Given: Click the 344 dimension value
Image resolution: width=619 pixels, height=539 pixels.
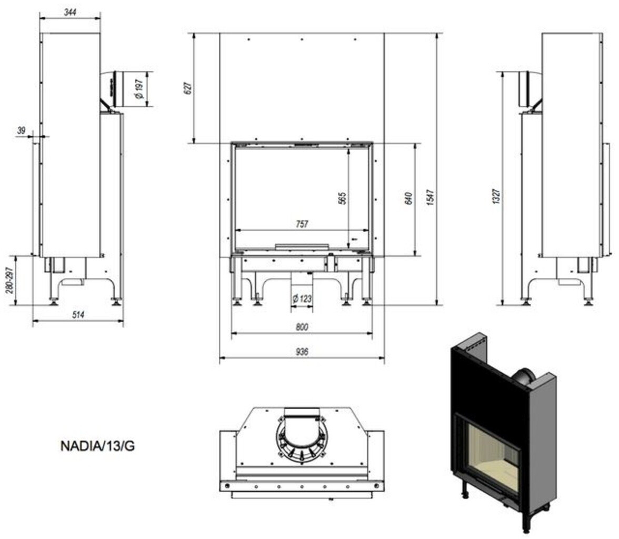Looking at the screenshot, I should [x=70, y=12].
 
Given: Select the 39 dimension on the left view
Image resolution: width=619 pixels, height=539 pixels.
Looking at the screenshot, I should [x=21, y=131].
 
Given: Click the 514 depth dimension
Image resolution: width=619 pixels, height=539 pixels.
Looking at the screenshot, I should [x=78, y=315].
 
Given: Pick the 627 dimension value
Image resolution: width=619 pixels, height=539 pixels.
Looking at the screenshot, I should [x=188, y=88].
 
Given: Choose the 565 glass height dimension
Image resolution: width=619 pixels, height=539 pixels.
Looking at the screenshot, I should [x=343, y=198].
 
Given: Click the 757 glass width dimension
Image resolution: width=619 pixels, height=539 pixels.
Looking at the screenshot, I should [x=302, y=224].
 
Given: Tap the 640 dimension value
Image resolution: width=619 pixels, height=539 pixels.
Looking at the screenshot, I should [x=409, y=198].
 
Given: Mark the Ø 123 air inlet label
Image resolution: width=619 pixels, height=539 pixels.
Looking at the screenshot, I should [x=302, y=298].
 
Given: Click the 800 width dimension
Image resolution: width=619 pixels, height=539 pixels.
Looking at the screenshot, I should [x=302, y=327].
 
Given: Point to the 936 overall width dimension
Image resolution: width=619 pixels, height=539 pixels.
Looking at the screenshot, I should [x=302, y=352].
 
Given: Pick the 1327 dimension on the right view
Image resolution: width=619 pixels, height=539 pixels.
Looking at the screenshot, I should [x=496, y=196].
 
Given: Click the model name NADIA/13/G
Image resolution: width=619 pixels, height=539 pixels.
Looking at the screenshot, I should [x=97, y=446].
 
